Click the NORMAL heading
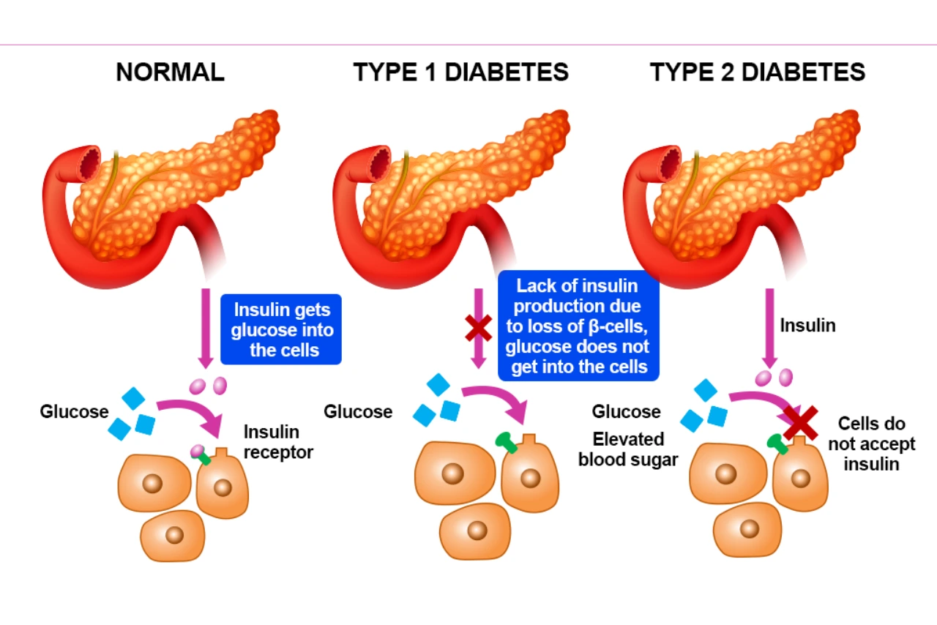pos(170,72)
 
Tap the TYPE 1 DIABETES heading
pos(460,72)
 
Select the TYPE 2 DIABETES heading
pos(758,72)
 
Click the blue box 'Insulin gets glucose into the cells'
pos(282,330)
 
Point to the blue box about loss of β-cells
pos(578,326)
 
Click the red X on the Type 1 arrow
pos(478,329)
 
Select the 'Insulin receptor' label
pos(277,442)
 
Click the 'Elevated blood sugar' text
pos(628,449)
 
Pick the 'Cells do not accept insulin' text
pos(871,444)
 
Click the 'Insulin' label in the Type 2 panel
pos(807,326)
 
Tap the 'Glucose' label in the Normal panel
pos(74,412)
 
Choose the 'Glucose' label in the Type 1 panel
pos(358,412)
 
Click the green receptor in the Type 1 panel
pos(506,442)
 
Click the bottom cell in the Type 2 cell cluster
pos(747,529)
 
